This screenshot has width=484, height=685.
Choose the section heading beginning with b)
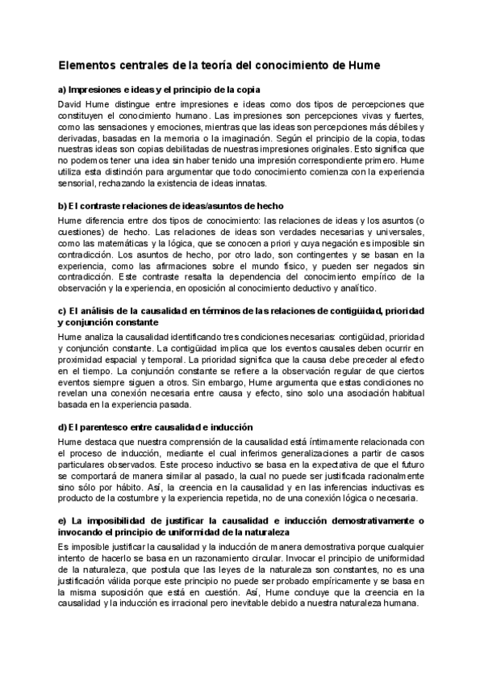point(169,206)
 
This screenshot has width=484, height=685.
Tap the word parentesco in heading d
point(99,426)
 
